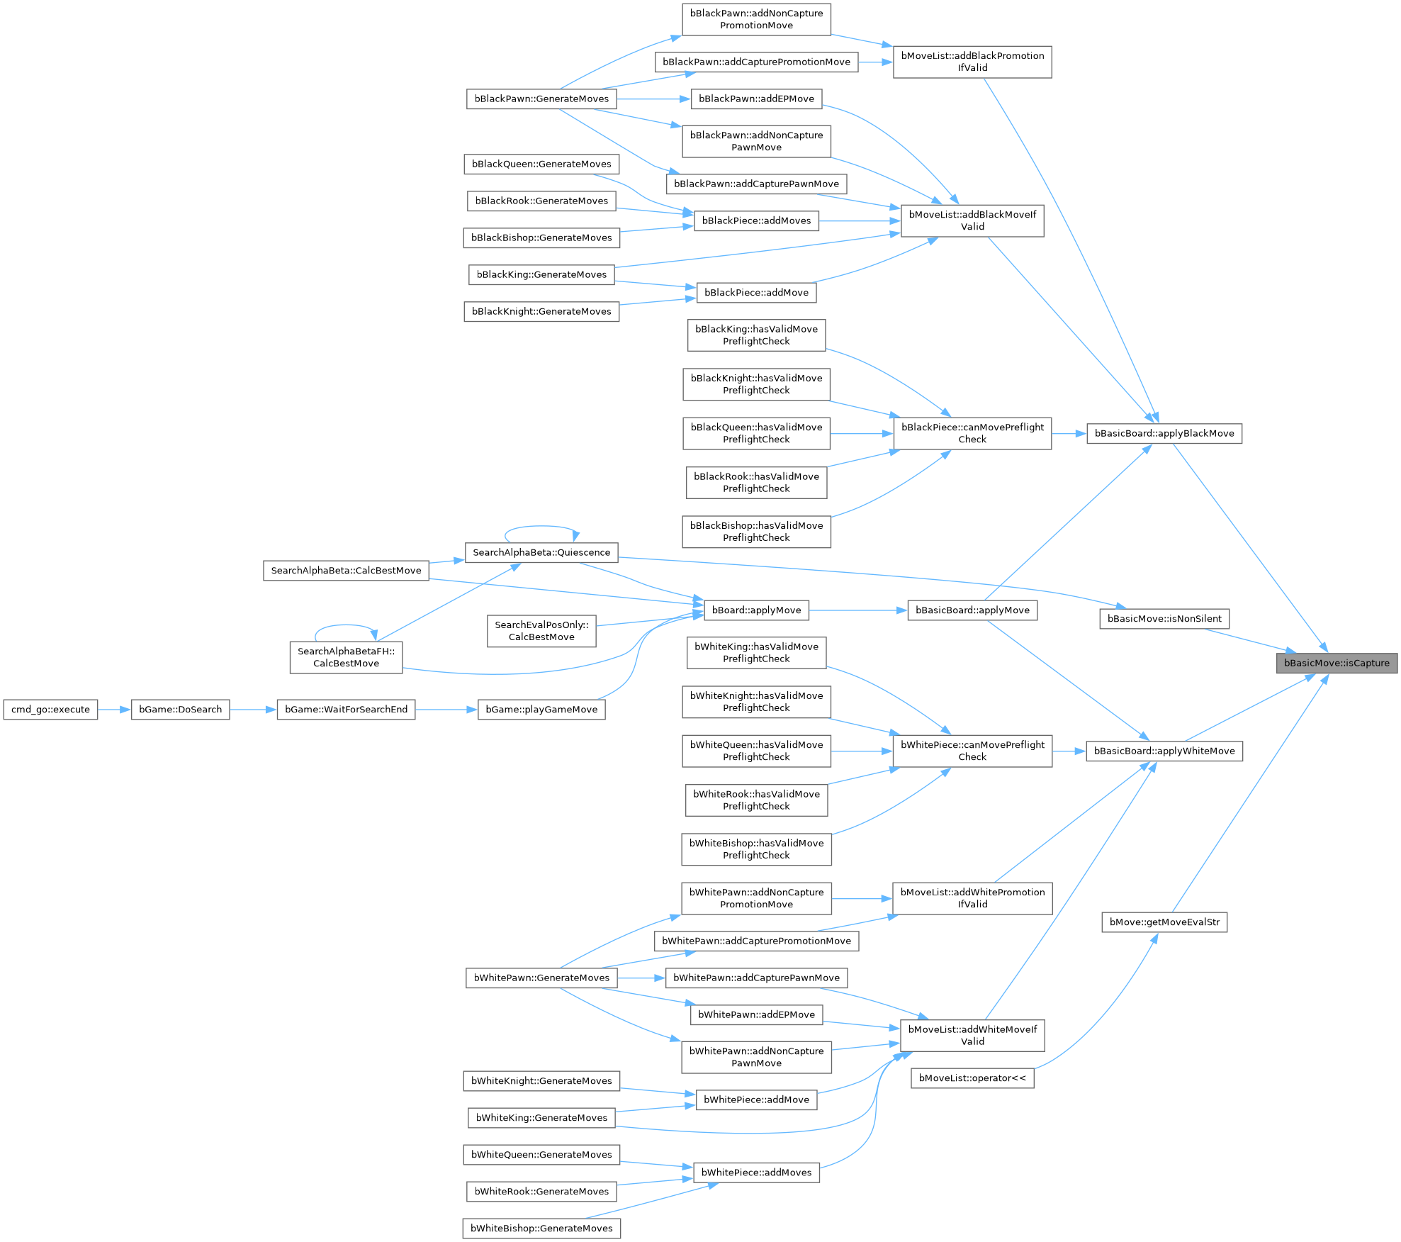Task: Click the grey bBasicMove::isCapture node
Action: (x=1337, y=663)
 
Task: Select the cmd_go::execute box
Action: (x=50, y=710)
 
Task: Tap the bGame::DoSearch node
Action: (x=180, y=710)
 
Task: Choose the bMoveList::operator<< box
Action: (x=972, y=1078)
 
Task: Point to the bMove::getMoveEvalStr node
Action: (x=1164, y=922)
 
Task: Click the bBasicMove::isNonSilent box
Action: (x=1164, y=619)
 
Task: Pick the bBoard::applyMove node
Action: (x=756, y=610)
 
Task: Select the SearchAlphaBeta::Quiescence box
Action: (x=541, y=552)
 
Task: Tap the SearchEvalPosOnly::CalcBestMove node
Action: (x=541, y=631)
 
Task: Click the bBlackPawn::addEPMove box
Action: (x=756, y=99)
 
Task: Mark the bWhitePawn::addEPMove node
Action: (x=756, y=1014)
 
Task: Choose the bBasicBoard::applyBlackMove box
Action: (x=1164, y=433)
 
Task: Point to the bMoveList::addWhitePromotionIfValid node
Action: (x=972, y=898)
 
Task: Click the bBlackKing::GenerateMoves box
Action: (x=541, y=274)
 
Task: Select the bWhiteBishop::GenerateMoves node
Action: (x=541, y=1229)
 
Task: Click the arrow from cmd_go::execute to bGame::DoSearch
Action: (x=114, y=710)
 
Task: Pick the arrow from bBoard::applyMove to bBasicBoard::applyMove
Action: (x=857, y=610)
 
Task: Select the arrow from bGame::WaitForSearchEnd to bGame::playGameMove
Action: (x=446, y=710)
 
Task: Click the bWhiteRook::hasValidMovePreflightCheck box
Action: (x=756, y=800)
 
